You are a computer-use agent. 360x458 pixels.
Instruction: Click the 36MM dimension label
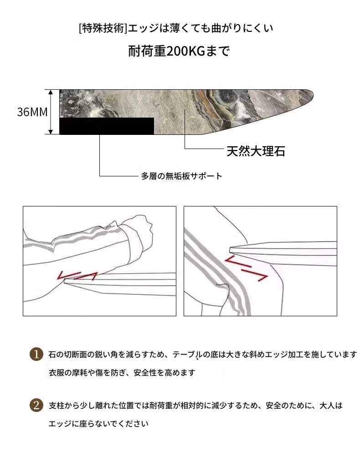click(x=32, y=112)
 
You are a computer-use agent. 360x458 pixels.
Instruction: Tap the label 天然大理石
click(x=256, y=151)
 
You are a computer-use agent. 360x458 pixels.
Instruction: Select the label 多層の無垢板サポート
click(x=182, y=176)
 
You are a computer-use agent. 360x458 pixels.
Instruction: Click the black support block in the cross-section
click(x=107, y=126)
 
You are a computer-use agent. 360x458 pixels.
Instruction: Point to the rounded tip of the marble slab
click(x=312, y=94)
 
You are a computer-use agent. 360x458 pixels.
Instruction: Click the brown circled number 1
click(x=36, y=354)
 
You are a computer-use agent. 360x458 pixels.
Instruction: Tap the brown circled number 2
click(x=36, y=405)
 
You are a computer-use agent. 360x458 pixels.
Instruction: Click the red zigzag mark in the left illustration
click(x=77, y=276)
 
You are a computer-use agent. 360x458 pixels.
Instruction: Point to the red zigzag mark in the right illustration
click(x=246, y=268)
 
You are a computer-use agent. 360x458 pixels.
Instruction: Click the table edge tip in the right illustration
click(x=230, y=249)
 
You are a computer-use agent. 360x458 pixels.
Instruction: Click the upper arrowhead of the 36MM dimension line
click(x=51, y=92)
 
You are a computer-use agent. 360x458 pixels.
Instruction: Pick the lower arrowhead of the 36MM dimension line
click(x=51, y=132)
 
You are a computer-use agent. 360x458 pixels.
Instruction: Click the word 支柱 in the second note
click(x=57, y=406)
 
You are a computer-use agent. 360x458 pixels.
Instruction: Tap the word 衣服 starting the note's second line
click(x=57, y=373)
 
